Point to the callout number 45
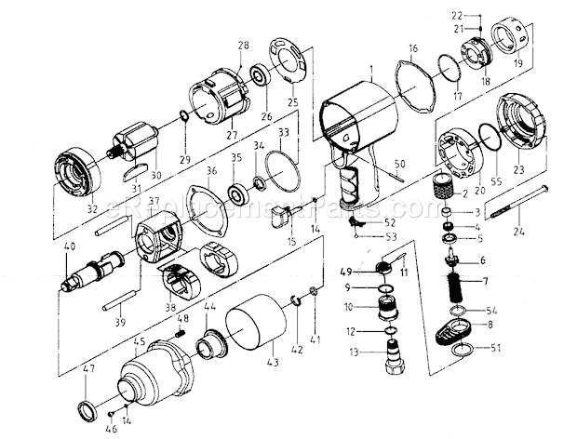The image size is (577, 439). (141, 340)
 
